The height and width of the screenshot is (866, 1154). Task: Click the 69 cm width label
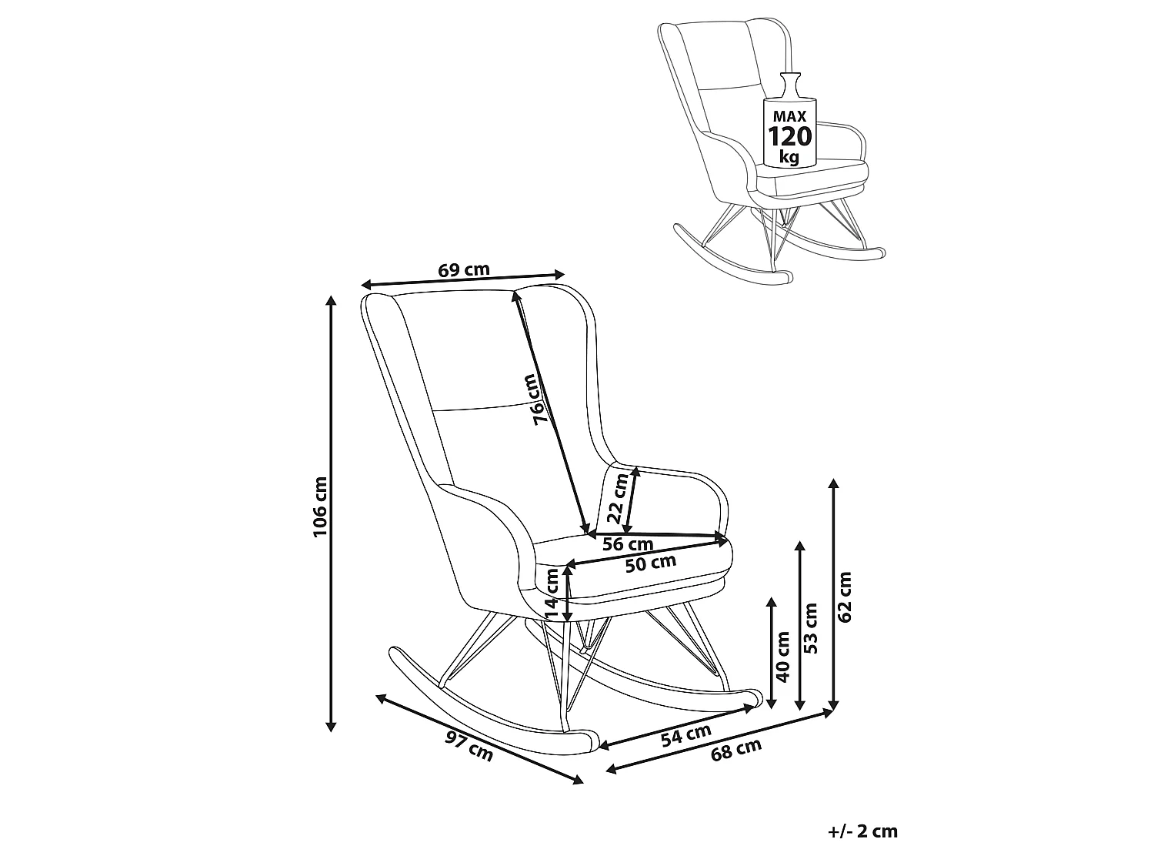pyautogui.click(x=464, y=270)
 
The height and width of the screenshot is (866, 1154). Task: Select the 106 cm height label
pyautogui.click(x=320, y=507)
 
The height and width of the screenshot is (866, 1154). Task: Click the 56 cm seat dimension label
pyautogui.click(x=627, y=543)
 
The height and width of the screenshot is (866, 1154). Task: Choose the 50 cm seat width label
pyautogui.click(x=651, y=563)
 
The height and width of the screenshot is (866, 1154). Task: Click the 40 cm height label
pyautogui.click(x=783, y=657)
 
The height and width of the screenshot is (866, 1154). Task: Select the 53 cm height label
pyautogui.click(x=811, y=628)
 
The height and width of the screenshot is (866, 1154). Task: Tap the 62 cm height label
pyautogui.click(x=844, y=597)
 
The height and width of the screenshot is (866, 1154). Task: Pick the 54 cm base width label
pyautogui.click(x=686, y=735)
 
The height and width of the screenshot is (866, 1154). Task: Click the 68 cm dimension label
pyautogui.click(x=736, y=751)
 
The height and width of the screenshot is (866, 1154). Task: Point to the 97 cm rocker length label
pyautogui.click(x=469, y=746)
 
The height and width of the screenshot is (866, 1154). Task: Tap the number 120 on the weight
pyautogui.click(x=790, y=136)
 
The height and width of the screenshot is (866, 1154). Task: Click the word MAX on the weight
pyautogui.click(x=789, y=116)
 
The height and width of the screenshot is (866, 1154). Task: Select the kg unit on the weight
pyautogui.click(x=789, y=157)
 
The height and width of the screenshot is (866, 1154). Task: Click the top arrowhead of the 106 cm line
pyautogui.click(x=331, y=299)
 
